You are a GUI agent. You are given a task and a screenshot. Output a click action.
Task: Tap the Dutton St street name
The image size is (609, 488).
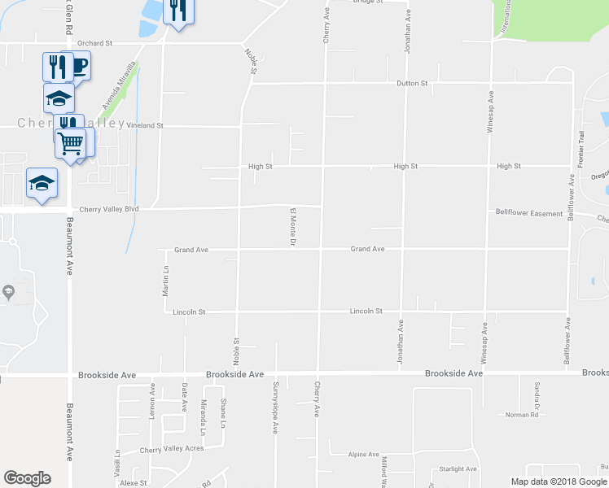pyautogui.click(x=412, y=83)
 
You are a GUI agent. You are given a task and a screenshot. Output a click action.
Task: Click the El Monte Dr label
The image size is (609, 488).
pyautogui.click(x=291, y=227)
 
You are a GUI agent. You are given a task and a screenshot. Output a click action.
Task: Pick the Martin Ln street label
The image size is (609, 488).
pyautogui.click(x=165, y=280)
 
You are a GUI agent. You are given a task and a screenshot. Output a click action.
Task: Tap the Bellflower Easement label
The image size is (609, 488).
pyautogui.click(x=529, y=213)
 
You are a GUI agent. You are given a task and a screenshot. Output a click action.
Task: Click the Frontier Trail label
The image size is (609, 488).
pyautogui.click(x=581, y=150)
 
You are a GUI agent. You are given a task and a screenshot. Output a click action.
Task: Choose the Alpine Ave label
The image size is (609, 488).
pyautogui.click(x=364, y=455)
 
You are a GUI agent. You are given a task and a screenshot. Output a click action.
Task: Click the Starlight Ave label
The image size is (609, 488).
pyautogui.click(x=458, y=468)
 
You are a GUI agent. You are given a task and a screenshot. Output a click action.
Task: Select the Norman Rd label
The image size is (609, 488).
pyautogui.click(x=522, y=415)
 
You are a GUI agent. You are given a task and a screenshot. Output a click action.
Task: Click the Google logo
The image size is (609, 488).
pyautogui.click(x=28, y=478)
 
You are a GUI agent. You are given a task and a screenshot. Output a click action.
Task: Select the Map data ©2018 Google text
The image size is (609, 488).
pyautogui.click(x=557, y=481)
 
